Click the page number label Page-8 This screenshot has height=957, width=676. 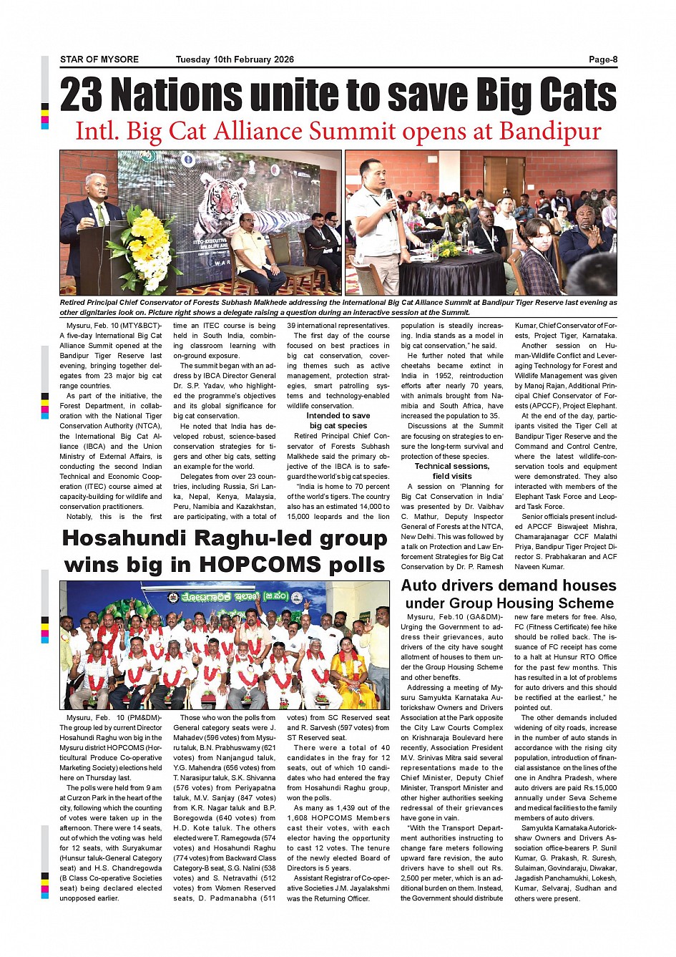tap(602, 59)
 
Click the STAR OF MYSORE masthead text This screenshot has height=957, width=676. tap(99, 59)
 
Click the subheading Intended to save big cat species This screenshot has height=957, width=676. tap(338, 420)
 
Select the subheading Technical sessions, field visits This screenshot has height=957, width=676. tap(452, 471)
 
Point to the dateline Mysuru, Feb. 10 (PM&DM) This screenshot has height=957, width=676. tap(114, 717)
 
